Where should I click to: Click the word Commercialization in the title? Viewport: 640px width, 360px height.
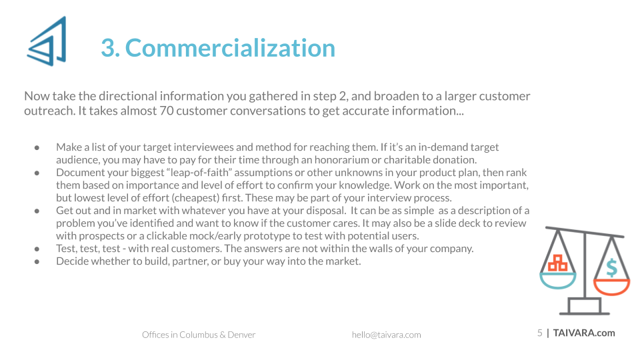click(x=230, y=48)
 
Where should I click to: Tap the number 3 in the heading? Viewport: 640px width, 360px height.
click(x=108, y=48)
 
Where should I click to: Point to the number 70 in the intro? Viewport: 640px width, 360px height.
click(x=167, y=111)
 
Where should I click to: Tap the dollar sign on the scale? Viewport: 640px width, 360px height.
click(x=611, y=268)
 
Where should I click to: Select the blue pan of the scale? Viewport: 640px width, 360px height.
click(x=557, y=281)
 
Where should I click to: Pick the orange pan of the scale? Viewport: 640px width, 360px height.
click(x=611, y=287)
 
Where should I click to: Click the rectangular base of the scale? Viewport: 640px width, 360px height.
click(x=585, y=306)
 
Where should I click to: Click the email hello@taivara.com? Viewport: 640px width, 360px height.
click(x=386, y=335)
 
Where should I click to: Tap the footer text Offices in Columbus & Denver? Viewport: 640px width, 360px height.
click(x=199, y=335)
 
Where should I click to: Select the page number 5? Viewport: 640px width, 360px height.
click(x=539, y=333)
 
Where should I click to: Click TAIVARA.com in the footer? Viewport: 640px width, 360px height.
click(x=584, y=333)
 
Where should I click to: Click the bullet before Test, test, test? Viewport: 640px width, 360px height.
click(x=37, y=249)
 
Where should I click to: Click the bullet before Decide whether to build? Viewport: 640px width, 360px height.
click(x=37, y=261)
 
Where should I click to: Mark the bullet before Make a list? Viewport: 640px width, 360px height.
click(x=37, y=147)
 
